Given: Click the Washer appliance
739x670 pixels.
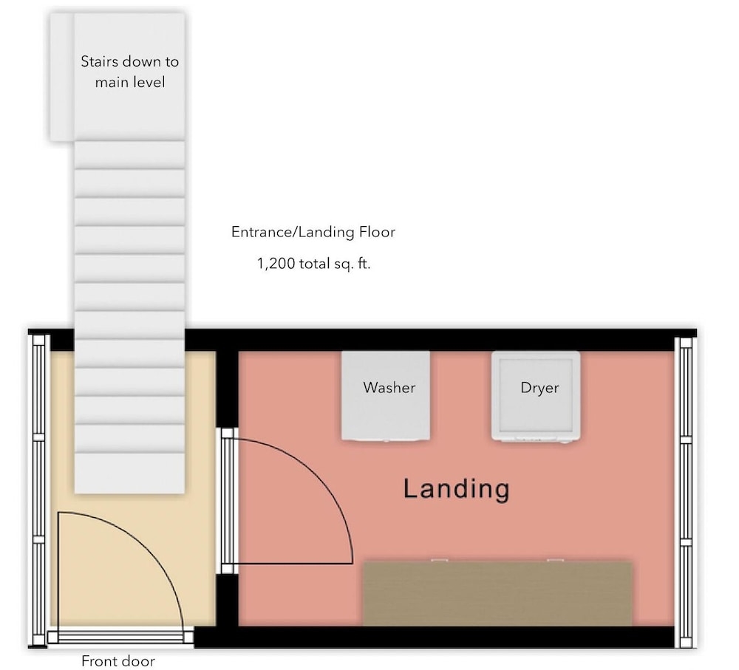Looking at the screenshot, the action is (x=386, y=396).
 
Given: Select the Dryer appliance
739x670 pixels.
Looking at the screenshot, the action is (x=536, y=397).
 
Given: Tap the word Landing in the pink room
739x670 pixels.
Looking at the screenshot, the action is (x=456, y=488).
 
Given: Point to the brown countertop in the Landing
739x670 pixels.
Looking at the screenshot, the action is (x=497, y=594).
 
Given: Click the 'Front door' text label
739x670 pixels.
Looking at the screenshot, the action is (x=118, y=661).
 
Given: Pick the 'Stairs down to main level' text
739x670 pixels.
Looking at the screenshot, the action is (x=129, y=72).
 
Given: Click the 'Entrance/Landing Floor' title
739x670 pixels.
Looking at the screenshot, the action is (x=313, y=232).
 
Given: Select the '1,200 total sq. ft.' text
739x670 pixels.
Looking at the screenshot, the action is (x=313, y=264).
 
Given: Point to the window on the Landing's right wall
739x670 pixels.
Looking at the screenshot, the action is (x=685, y=492).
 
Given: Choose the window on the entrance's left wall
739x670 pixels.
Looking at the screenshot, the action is (x=38, y=490).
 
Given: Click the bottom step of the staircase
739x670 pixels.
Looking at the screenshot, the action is (x=129, y=473).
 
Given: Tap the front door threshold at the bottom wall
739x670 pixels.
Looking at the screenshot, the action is (x=120, y=637).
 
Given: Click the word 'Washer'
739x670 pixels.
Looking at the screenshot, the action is (x=389, y=387).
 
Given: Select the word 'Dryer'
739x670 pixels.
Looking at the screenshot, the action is (x=539, y=387).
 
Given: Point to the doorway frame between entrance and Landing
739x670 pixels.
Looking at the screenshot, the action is (x=227, y=501).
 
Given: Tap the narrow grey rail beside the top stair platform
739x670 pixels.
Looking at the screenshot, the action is (x=62, y=77).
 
